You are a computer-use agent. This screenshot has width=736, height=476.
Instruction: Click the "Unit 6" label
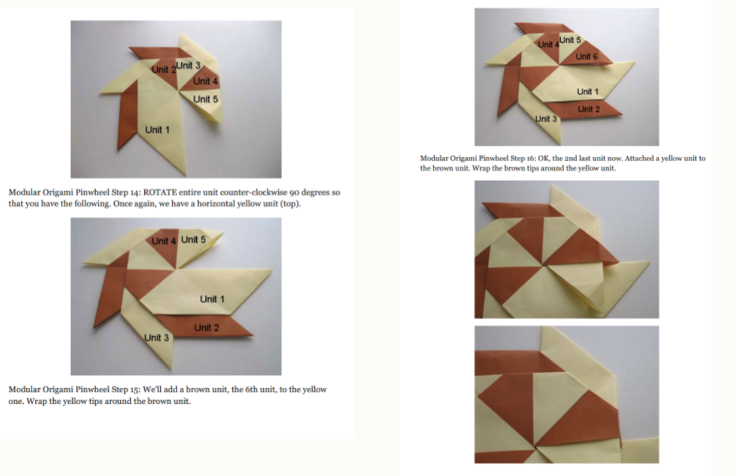click(586, 57)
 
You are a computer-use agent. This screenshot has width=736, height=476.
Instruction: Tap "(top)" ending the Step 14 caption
click(291, 204)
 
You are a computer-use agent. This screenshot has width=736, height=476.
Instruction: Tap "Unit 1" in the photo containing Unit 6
click(588, 92)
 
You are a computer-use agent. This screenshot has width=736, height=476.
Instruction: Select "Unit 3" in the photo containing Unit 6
click(546, 119)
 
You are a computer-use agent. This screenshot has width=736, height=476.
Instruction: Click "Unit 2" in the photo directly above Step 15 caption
click(207, 328)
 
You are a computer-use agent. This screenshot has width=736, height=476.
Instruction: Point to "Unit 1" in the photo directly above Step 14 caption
click(157, 130)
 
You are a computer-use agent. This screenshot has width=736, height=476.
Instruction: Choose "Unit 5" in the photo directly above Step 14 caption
click(205, 100)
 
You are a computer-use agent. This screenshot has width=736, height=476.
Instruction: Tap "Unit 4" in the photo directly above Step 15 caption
click(163, 241)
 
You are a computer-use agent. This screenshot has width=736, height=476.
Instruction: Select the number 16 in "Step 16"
click(529, 159)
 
